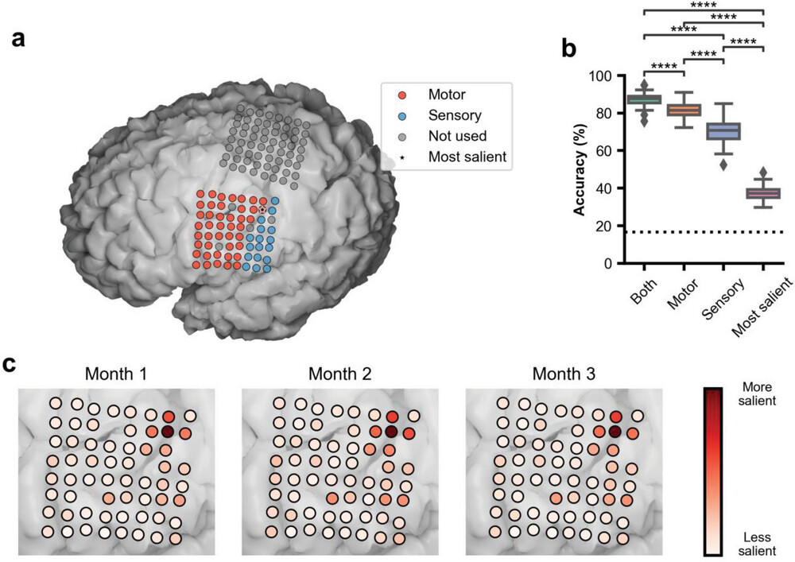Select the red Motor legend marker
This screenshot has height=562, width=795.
402,95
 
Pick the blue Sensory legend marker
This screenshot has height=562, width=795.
402,115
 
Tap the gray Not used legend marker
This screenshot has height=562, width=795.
402,136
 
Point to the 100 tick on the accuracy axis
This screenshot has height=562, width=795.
605,76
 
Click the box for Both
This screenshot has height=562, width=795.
644,99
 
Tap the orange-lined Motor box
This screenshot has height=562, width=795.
684,110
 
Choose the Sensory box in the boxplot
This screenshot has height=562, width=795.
723,131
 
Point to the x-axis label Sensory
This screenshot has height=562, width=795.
722,301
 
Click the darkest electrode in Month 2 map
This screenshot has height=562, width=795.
390,432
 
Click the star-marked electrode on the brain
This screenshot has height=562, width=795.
263,210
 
